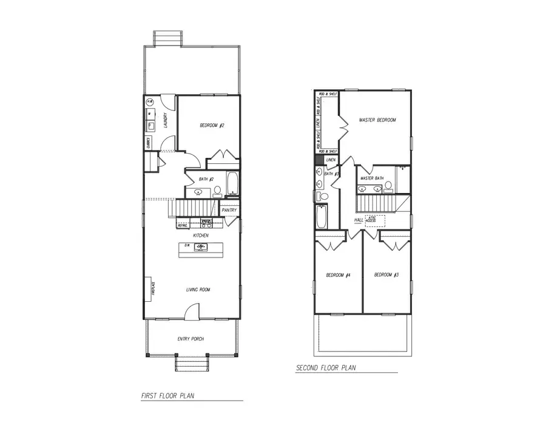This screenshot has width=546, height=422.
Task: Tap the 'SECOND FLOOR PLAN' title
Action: tap(326, 368)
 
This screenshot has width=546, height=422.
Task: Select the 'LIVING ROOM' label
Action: tap(198, 290)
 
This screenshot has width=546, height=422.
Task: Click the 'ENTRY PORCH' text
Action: tap(190, 339)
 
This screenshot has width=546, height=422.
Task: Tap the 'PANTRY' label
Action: tap(229, 210)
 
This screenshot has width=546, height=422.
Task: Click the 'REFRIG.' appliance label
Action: tap(183, 225)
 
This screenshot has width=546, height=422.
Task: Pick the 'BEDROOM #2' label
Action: tap(212, 126)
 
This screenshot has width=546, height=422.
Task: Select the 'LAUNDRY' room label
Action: tap(165, 121)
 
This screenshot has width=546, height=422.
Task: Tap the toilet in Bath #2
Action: tap(217, 192)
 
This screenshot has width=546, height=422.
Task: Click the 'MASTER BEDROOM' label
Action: tap(377, 120)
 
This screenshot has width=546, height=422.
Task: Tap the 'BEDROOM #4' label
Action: tap(339, 276)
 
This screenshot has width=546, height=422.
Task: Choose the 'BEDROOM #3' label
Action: tap(386, 276)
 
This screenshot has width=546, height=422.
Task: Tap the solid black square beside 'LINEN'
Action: tap(319, 160)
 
